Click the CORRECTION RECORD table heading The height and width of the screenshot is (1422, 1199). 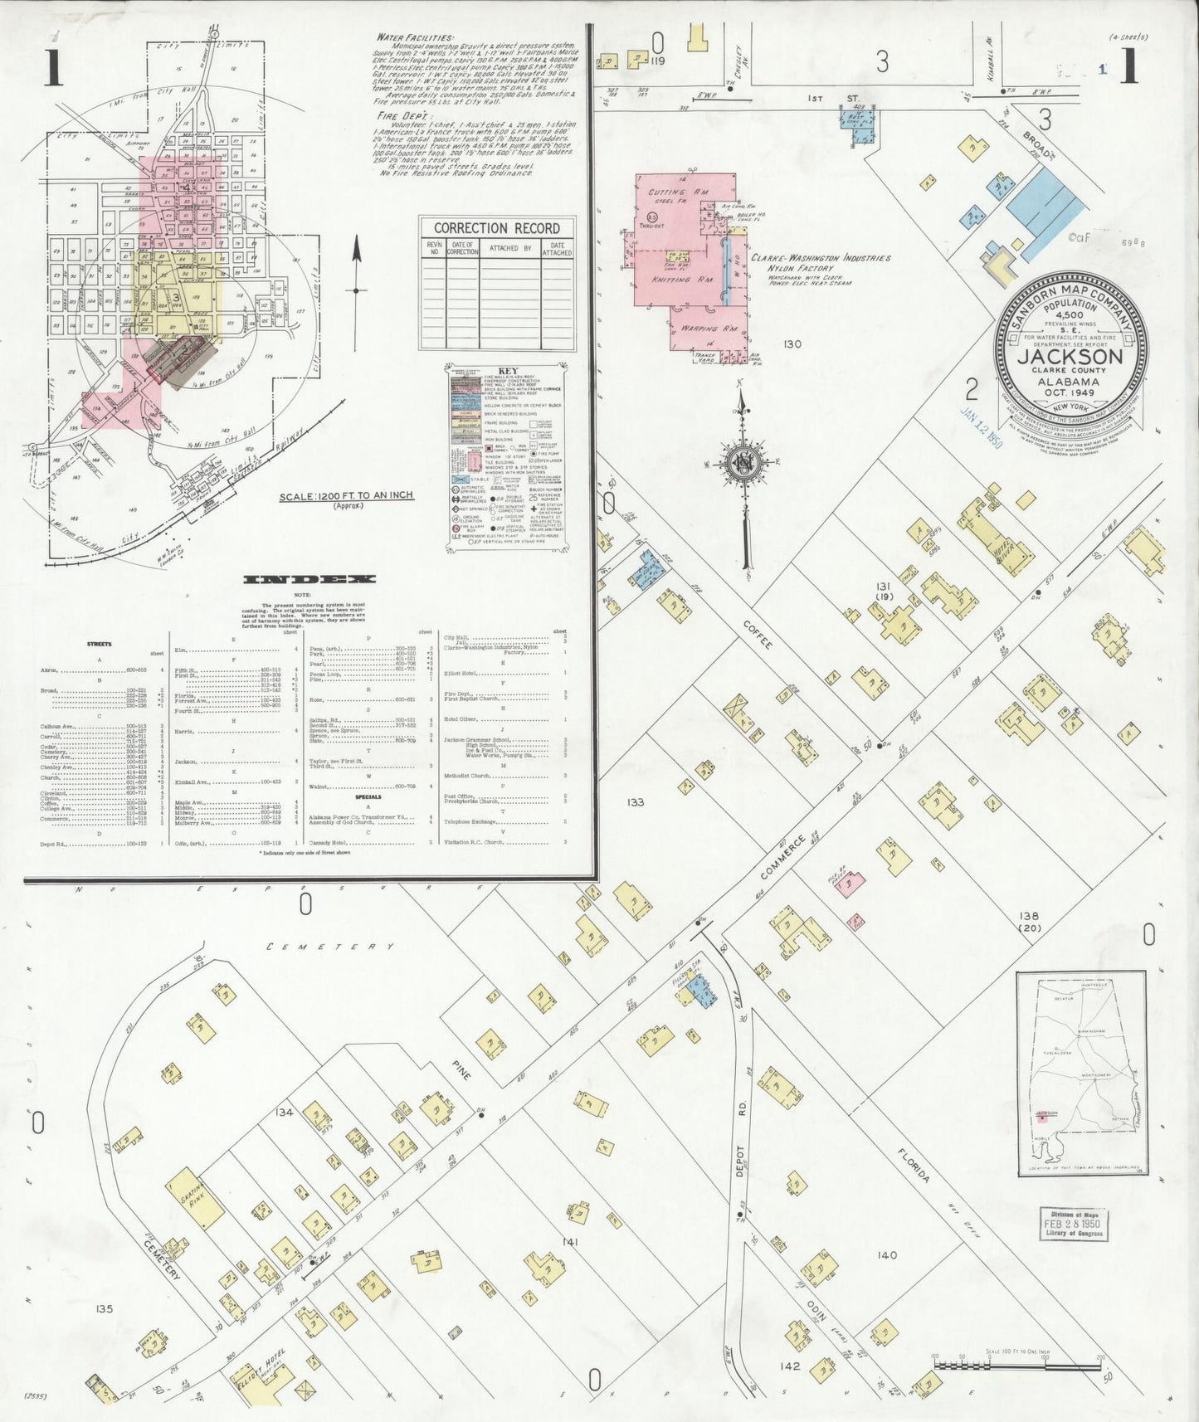[x=496, y=228]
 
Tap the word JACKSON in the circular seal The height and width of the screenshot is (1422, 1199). [x=1070, y=358]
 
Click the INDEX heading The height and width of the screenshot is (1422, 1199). [x=309, y=579]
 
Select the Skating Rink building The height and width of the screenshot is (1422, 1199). [x=195, y=1199]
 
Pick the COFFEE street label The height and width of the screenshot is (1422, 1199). [x=758, y=634]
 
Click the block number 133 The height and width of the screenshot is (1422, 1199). [x=636, y=802]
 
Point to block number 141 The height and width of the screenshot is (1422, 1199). [x=569, y=1242]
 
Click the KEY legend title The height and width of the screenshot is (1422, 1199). [x=508, y=371]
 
